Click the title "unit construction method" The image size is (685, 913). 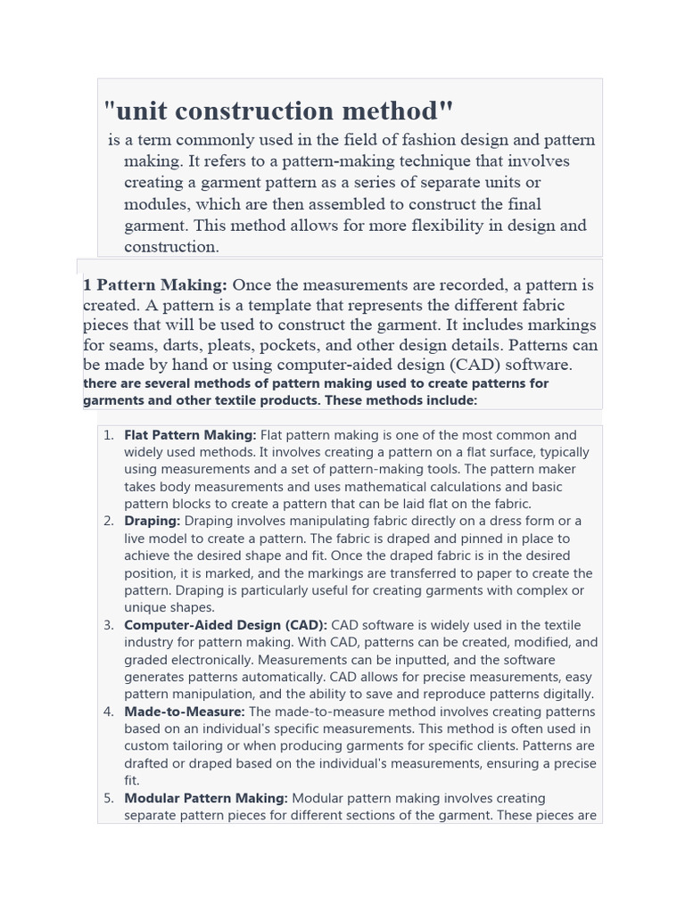point(279,111)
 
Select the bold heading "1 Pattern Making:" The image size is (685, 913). point(155,285)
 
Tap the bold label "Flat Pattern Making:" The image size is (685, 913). point(190,435)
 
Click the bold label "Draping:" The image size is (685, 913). point(152,521)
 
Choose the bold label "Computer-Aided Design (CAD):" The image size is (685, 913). point(226,625)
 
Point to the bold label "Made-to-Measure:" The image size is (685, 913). point(184,711)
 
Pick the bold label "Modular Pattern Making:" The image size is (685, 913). point(206,798)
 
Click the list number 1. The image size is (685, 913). point(108,435)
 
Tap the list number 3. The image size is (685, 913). point(108,625)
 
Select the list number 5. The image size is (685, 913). point(108,798)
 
